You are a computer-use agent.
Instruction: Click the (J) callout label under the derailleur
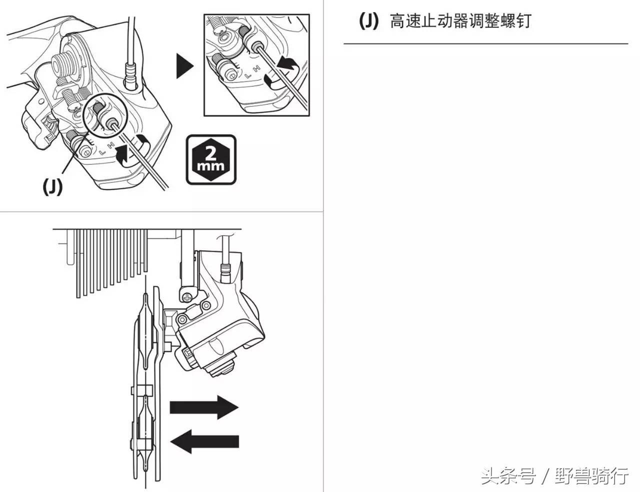(x=51, y=186)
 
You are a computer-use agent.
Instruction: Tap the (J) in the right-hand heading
(x=368, y=21)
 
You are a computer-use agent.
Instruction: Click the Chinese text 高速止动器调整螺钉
(x=459, y=21)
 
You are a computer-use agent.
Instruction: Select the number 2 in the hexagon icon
(x=210, y=152)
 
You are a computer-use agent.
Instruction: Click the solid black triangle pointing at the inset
(x=184, y=66)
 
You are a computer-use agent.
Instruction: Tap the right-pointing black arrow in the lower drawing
(x=204, y=407)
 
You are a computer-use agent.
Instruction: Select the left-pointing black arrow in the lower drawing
(x=204, y=442)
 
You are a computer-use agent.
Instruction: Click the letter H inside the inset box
(x=255, y=68)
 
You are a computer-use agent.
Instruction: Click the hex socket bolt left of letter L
(x=85, y=152)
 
